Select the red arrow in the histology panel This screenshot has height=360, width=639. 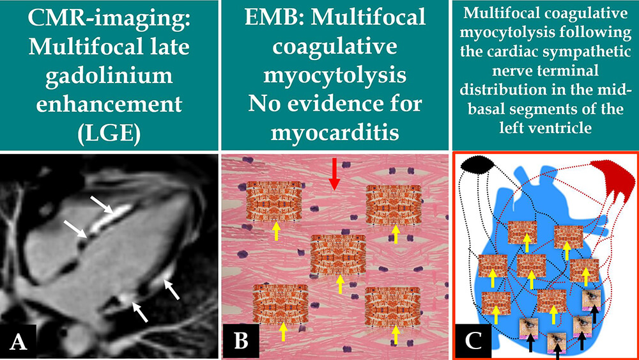click(334, 175)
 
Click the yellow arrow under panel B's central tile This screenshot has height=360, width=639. click(339, 284)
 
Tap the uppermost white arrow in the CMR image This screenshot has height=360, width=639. click(103, 205)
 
